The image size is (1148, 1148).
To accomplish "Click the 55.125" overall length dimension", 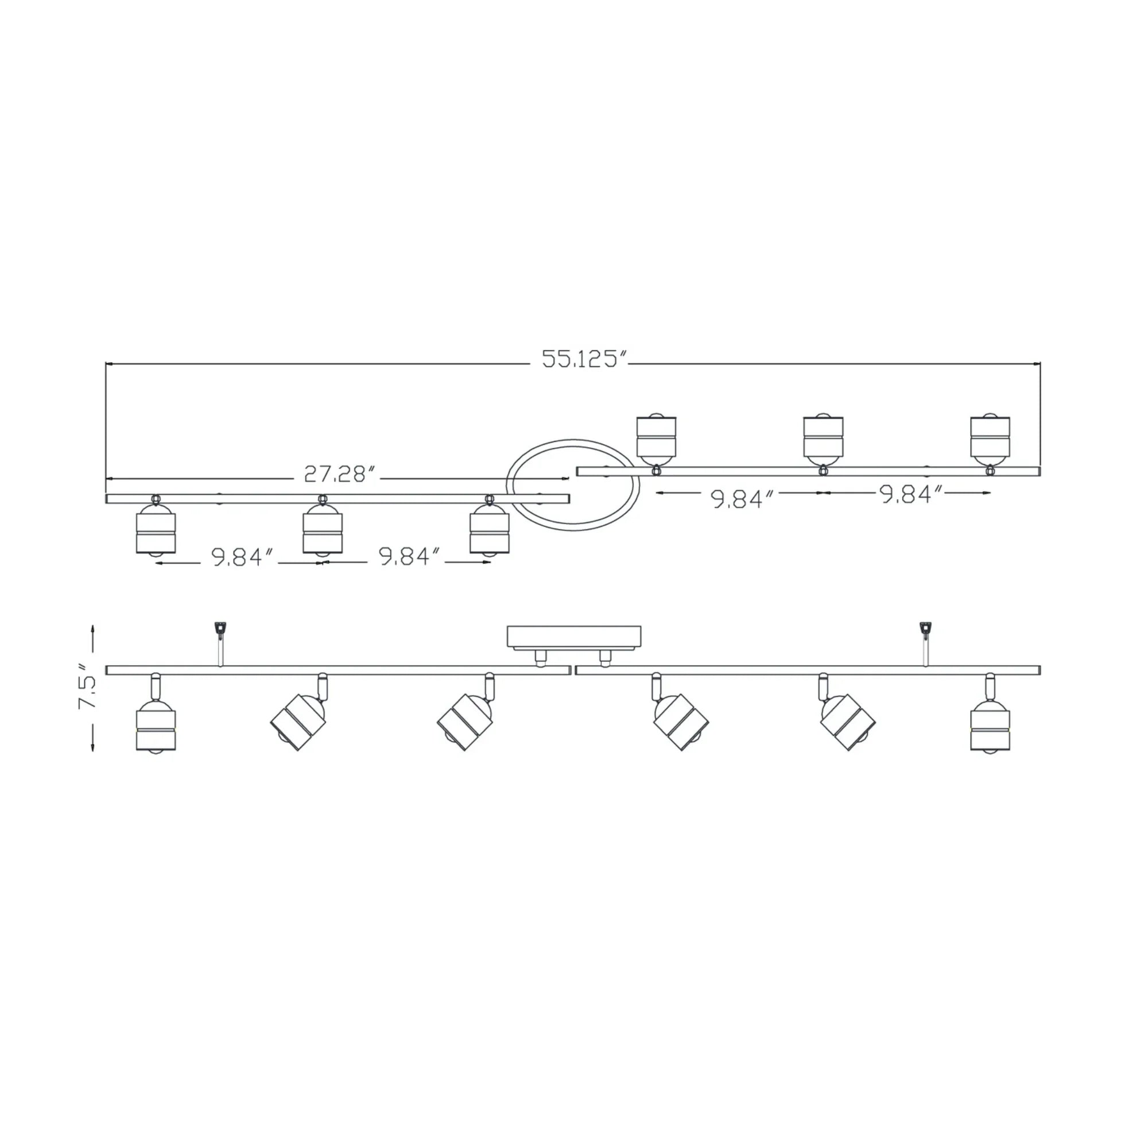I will [585, 359].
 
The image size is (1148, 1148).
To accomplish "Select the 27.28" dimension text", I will [340, 474].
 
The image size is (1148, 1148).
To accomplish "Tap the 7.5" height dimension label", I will [88, 690].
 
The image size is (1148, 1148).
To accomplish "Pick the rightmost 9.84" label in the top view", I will [912, 494].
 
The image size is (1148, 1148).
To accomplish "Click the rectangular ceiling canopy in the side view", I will [573, 637].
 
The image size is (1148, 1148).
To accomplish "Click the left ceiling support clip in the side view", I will [220, 629].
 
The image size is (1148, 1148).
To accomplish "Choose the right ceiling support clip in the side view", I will [925, 629].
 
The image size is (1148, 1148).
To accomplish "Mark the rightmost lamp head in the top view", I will [990, 436].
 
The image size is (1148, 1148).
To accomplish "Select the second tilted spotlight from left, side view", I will [298, 722].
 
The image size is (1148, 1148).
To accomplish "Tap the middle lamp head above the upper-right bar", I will [823, 436].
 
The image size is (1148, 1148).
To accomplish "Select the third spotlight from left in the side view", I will [466, 722].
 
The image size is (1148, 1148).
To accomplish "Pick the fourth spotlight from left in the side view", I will [681, 722].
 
